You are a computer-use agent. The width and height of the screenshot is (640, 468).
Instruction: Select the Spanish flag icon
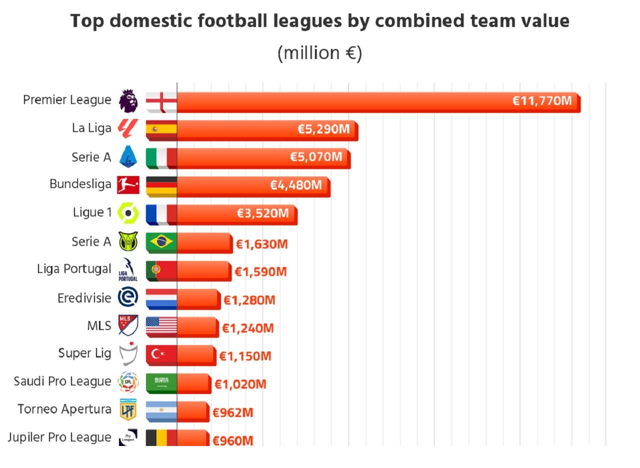click(x=161, y=129)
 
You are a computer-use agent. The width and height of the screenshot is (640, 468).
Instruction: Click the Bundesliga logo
click(x=128, y=185)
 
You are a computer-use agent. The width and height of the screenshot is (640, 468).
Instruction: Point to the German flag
click(x=161, y=186)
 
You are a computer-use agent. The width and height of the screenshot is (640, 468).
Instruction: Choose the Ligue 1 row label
click(x=92, y=212)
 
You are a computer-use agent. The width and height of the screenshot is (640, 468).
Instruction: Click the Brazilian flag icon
click(x=161, y=242)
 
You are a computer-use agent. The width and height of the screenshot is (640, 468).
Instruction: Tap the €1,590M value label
click(x=261, y=272)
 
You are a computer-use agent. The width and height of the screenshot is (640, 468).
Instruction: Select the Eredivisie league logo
click(x=128, y=298)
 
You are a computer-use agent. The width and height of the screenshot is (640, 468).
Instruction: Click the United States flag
click(x=161, y=326)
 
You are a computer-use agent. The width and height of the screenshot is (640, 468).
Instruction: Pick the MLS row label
click(x=99, y=326)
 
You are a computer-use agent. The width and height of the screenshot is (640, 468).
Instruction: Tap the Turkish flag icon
click(x=161, y=354)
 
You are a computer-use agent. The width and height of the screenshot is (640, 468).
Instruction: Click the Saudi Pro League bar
click(x=193, y=383)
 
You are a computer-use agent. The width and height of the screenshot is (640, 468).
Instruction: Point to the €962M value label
click(x=233, y=413)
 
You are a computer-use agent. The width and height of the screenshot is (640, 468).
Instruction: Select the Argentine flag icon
click(x=161, y=411)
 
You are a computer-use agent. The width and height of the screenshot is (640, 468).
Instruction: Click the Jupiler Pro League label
click(x=59, y=437)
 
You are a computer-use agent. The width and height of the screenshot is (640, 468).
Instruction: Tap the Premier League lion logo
click(x=128, y=101)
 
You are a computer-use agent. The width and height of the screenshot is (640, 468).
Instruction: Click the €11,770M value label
click(x=542, y=101)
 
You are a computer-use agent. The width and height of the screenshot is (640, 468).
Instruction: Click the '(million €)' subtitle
click(x=319, y=53)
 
